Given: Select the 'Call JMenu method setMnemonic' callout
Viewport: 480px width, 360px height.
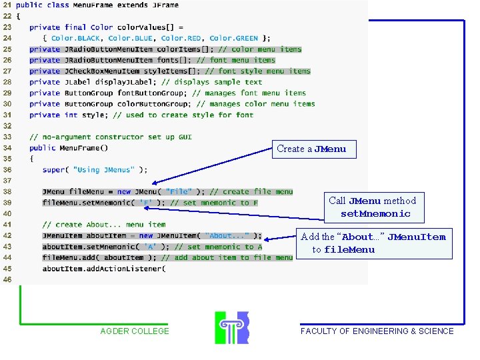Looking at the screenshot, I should (x=372, y=207).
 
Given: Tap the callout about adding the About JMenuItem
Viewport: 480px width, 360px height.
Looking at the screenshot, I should (x=373, y=243).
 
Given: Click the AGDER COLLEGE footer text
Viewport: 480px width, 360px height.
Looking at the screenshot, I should (x=135, y=331).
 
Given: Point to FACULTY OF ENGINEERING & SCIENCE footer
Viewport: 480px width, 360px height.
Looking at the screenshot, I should (x=377, y=331).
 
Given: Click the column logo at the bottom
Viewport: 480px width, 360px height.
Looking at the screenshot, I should (x=232, y=327).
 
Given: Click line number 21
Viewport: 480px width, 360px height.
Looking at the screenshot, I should (x=7, y=5).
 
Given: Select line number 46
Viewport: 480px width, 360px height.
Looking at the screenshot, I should (x=7, y=279).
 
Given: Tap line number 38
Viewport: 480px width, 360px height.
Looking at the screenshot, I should (x=7, y=192).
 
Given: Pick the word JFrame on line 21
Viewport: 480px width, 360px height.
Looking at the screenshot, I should (x=165, y=5).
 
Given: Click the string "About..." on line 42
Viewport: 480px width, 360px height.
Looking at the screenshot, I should (x=229, y=236).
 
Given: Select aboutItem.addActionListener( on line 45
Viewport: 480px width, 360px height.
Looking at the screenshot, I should (x=104, y=269).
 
